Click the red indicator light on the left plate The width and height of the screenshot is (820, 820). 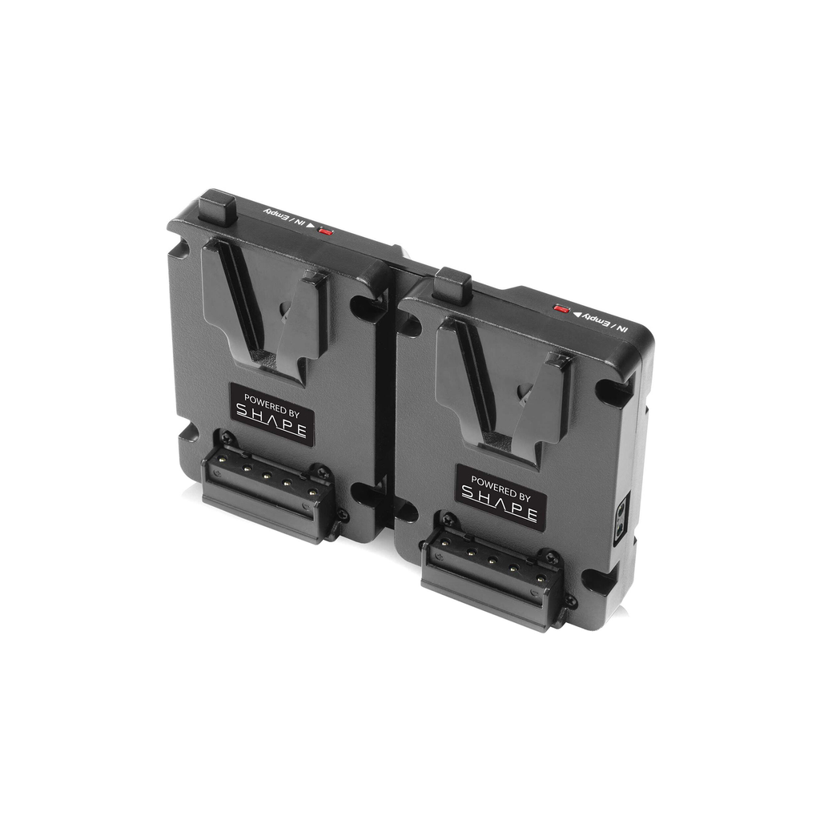(x=326, y=231)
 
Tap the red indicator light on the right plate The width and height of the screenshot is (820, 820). (x=561, y=308)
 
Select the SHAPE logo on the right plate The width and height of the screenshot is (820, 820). (x=500, y=506)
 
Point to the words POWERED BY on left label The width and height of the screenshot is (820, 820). (x=271, y=402)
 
